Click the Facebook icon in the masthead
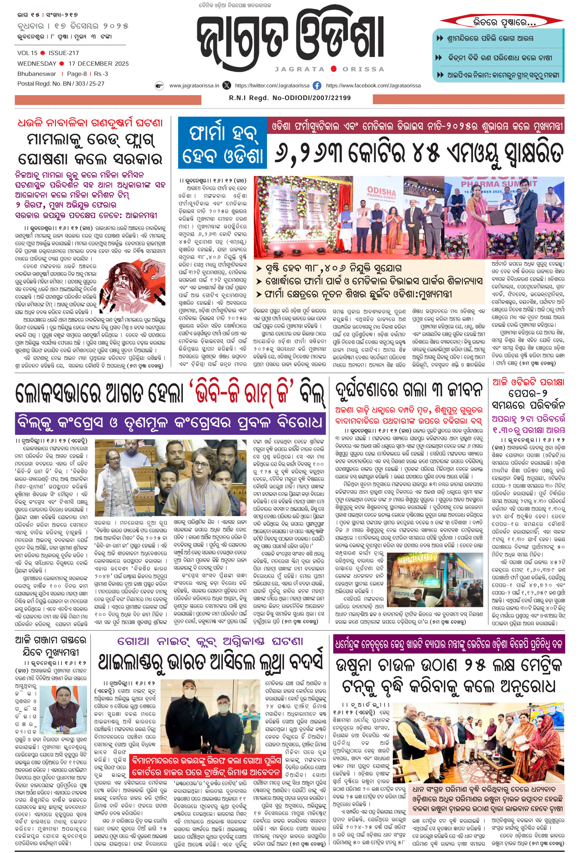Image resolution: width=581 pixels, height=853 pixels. (x=317, y=86)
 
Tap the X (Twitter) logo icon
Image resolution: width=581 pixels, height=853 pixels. (x=227, y=86)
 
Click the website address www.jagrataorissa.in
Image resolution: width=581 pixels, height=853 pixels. (x=194, y=86)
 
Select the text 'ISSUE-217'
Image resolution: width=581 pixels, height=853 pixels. (x=63, y=53)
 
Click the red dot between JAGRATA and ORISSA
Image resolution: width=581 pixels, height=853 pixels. (x=334, y=69)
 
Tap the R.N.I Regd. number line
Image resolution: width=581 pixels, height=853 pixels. (x=290, y=98)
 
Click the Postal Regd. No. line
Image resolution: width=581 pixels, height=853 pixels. (x=61, y=84)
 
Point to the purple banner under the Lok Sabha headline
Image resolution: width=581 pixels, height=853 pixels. (x=170, y=423)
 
